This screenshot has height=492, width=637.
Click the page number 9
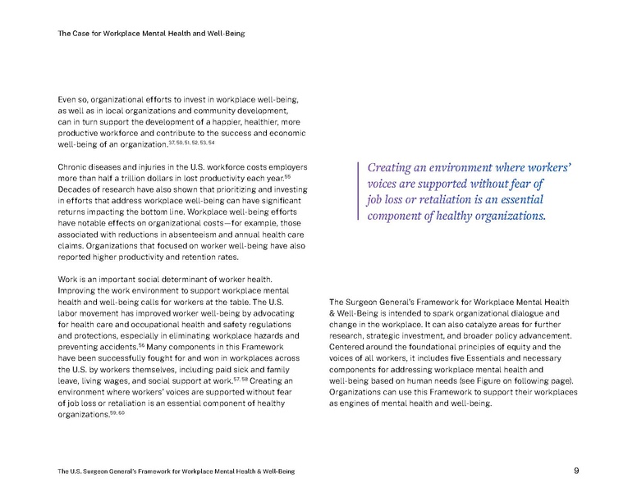[576, 471]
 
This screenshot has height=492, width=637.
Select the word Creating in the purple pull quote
[393, 168]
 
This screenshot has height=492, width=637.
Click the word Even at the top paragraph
[68, 98]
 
